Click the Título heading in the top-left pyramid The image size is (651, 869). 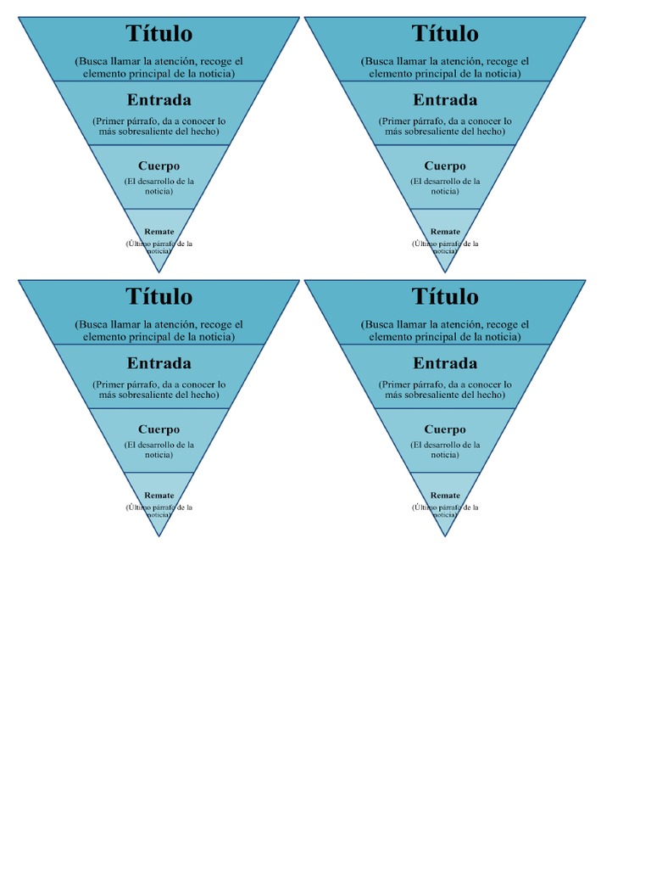pyautogui.click(x=159, y=34)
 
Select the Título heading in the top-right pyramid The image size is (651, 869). pyautogui.click(x=445, y=34)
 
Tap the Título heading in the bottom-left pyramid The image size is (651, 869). pyautogui.click(x=159, y=297)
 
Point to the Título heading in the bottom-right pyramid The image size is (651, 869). pyautogui.click(x=445, y=297)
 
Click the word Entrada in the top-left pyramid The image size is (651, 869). pyautogui.click(x=159, y=100)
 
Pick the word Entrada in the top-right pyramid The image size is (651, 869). pyautogui.click(x=445, y=100)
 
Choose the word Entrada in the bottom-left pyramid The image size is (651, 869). pyautogui.click(x=159, y=363)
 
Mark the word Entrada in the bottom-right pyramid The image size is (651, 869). pyautogui.click(x=445, y=363)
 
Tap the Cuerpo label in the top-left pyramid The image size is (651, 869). pyautogui.click(x=159, y=166)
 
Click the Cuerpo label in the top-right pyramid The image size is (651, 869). pyautogui.click(x=445, y=166)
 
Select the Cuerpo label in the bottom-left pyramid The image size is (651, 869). pyautogui.click(x=159, y=429)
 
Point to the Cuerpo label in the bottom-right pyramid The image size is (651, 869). pyautogui.click(x=445, y=429)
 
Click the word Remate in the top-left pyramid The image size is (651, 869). pyautogui.click(x=159, y=232)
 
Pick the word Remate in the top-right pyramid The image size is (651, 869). pyautogui.click(x=445, y=232)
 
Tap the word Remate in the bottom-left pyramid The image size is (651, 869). pyautogui.click(x=159, y=496)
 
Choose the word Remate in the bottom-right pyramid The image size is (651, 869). pyautogui.click(x=445, y=496)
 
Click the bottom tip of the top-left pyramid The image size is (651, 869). pyautogui.click(x=159, y=272)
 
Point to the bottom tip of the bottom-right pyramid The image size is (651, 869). pyautogui.click(x=445, y=536)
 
